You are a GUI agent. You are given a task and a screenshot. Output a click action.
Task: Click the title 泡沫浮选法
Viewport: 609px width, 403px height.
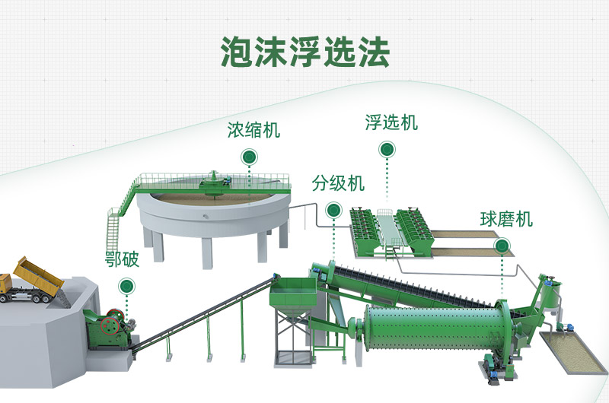(304, 52)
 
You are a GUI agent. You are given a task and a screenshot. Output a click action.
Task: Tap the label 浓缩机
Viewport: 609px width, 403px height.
(253, 130)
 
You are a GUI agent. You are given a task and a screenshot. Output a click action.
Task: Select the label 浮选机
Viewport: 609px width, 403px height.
(391, 122)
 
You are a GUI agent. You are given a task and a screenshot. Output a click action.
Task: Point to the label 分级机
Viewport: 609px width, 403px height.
(338, 183)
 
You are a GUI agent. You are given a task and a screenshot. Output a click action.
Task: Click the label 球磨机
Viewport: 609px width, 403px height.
(506, 220)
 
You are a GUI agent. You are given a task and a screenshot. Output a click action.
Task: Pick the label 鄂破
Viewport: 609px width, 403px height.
(122, 259)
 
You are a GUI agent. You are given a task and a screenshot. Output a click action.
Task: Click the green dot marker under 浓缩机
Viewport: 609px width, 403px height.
(248, 157)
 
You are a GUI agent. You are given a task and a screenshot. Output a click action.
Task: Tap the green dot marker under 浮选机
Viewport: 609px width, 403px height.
(387, 150)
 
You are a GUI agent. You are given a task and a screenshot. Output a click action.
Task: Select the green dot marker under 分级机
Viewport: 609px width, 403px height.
(333, 210)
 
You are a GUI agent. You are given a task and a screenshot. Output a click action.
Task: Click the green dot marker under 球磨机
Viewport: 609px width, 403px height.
(502, 246)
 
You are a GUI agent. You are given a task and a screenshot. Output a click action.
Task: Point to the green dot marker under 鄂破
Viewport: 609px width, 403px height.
(126, 286)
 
